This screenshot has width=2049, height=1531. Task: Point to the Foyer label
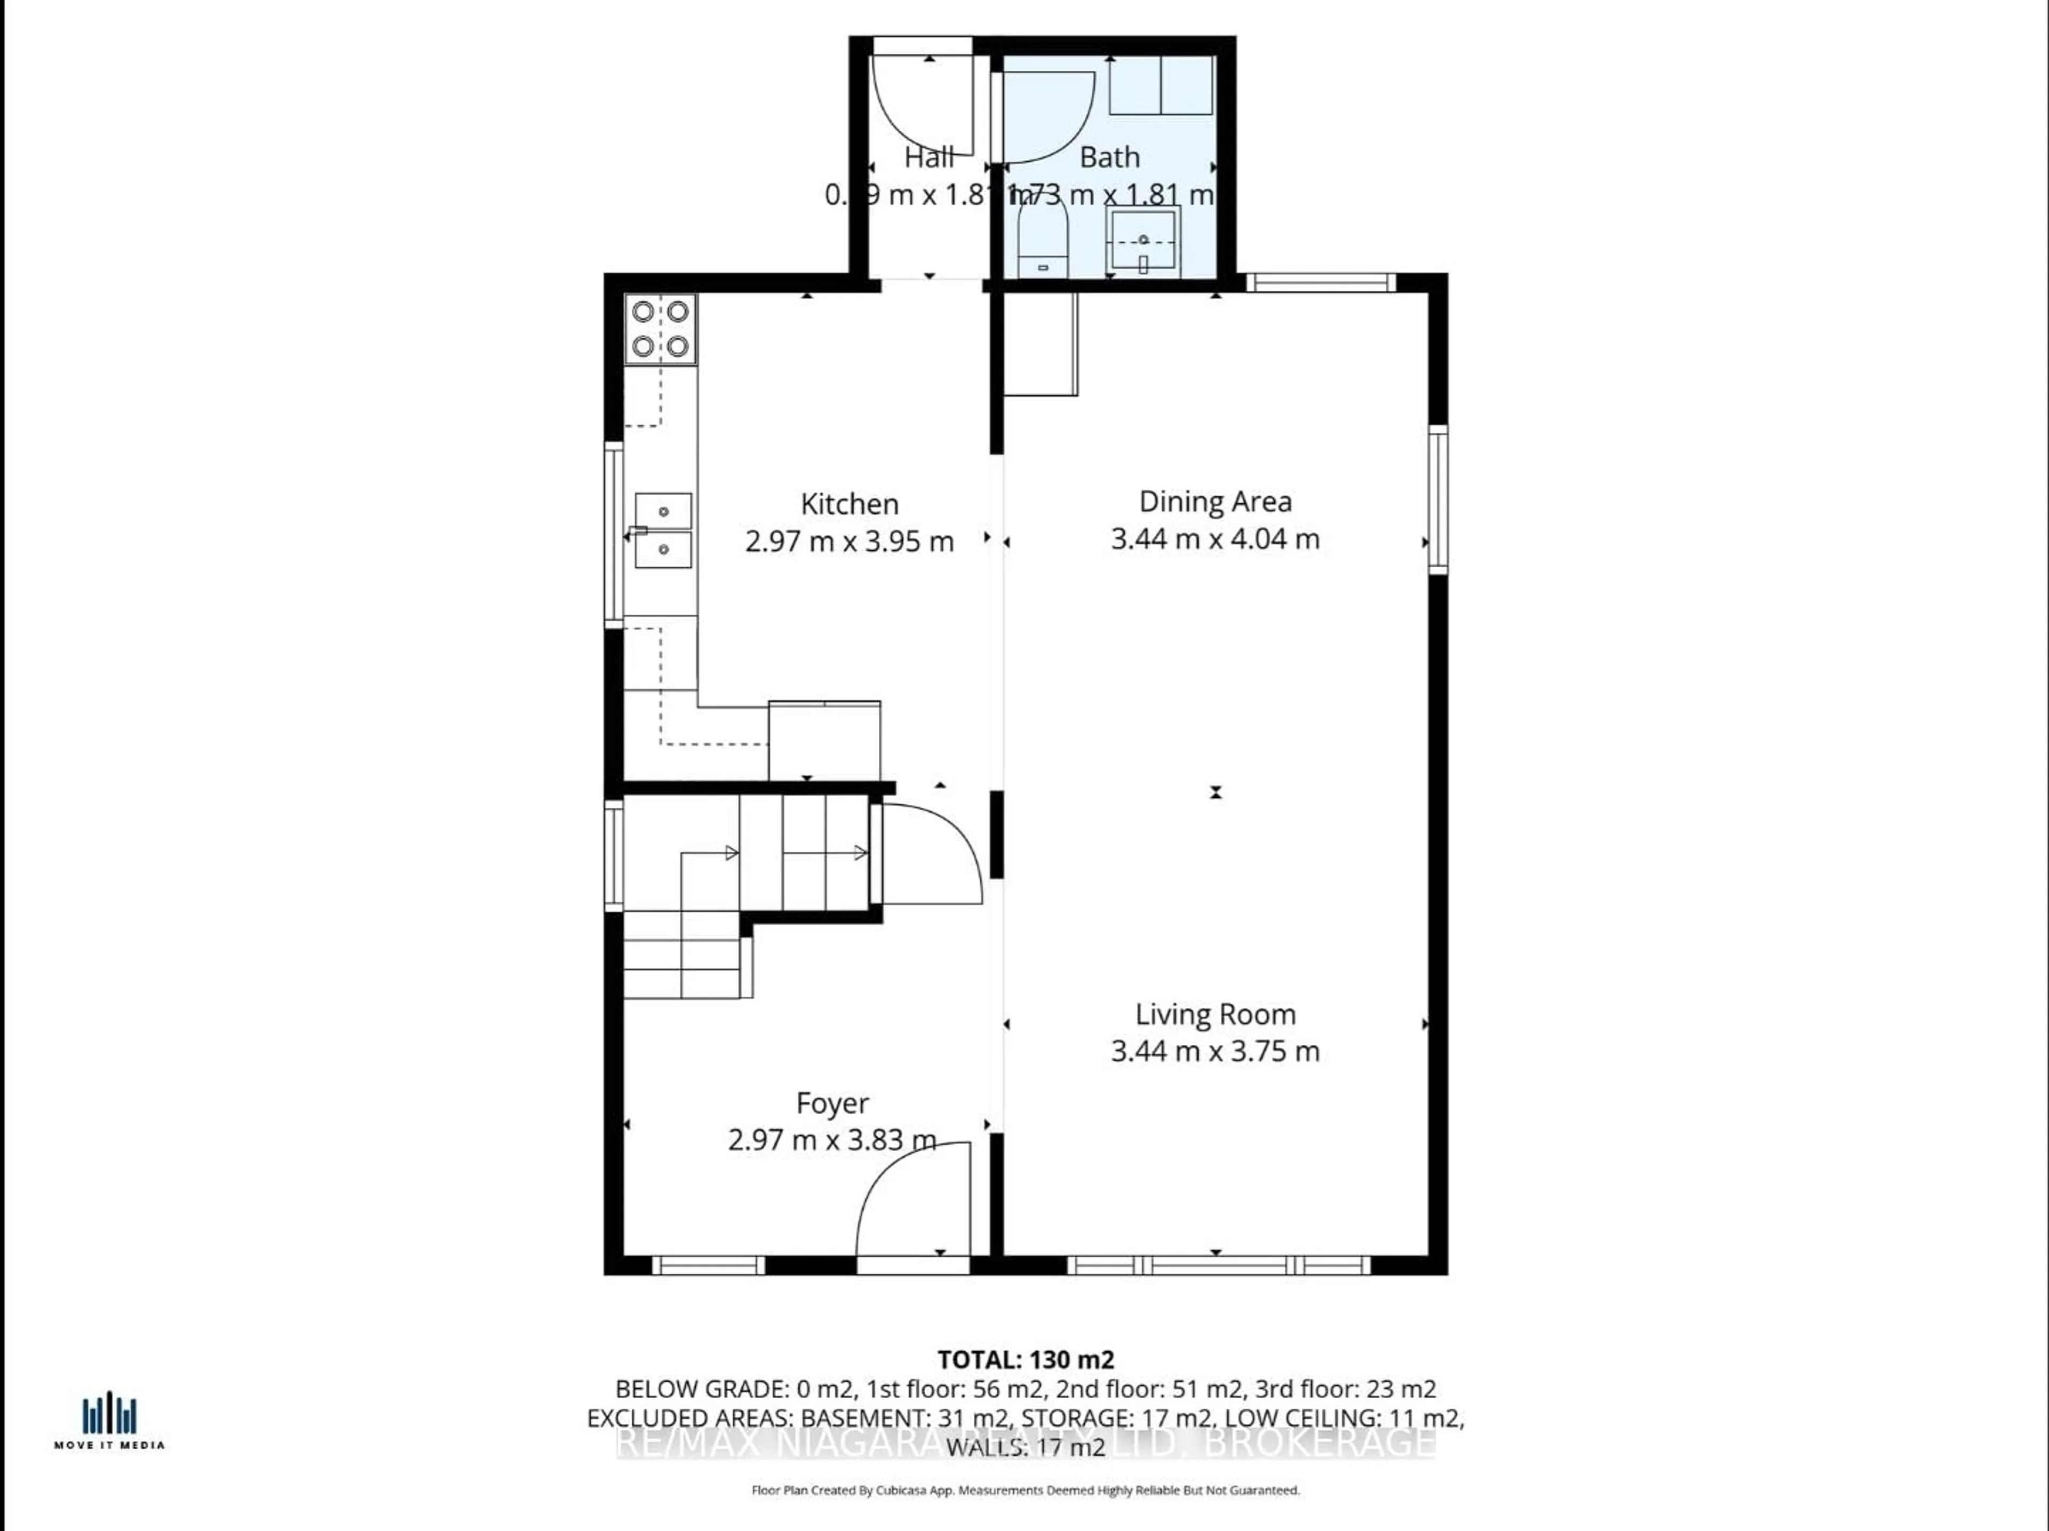(x=832, y=1103)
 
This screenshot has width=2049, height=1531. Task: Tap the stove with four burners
(x=661, y=329)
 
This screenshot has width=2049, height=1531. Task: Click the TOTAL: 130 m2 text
(x=1026, y=1360)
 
